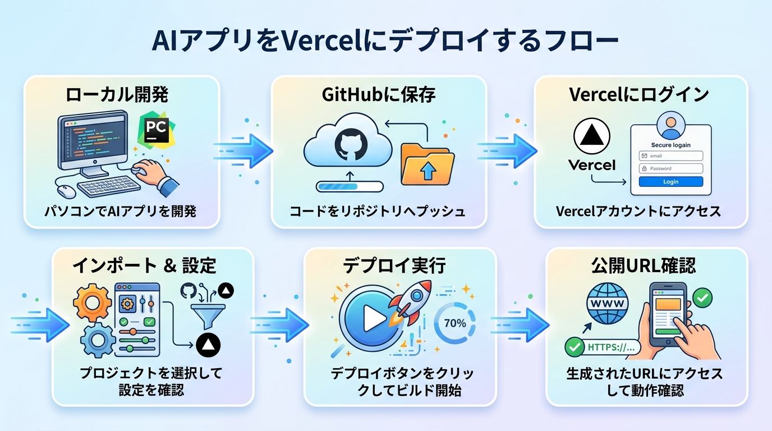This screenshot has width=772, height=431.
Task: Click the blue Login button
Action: coord(670,182)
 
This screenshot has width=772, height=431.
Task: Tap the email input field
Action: coord(670,155)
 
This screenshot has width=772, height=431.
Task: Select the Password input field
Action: coord(670,168)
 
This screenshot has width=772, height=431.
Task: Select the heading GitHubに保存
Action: coord(379,95)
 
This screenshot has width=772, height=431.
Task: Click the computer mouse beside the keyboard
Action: coord(66,190)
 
